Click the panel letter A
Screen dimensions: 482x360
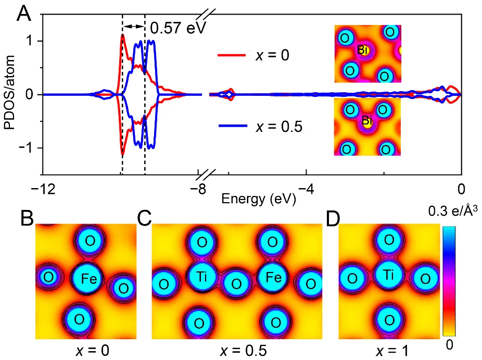[x=24, y=14]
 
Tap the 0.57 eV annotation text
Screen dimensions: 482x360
[x=177, y=28]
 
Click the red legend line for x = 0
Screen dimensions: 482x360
[x=232, y=55]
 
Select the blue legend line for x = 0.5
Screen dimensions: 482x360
[x=233, y=126]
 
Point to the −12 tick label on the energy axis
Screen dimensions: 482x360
[x=43, y=189]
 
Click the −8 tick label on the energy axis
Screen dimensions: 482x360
[x=198, y=189]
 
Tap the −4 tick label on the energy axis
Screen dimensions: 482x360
[x=306, y=189]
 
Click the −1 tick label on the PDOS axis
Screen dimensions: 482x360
[x=27, y=148]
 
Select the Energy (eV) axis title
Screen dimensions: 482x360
[x=259, y=199]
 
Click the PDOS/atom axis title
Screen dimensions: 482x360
[x=9, y=93]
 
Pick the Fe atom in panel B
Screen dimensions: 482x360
[x=88, y=278]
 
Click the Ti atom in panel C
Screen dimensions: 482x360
[x=202, y=276]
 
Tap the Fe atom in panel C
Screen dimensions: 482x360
[x=273, y=277]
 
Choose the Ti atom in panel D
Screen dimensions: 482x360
[x=389, y=274]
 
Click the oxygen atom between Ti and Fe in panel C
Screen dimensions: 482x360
[x=236, y=283]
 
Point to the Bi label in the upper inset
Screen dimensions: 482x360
[x=363, y=49]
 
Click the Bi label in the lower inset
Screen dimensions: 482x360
[x=367, y=120]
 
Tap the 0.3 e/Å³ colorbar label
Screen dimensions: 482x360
[x=452, y=211]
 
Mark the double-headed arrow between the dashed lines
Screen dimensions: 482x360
[x=134, y=27]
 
